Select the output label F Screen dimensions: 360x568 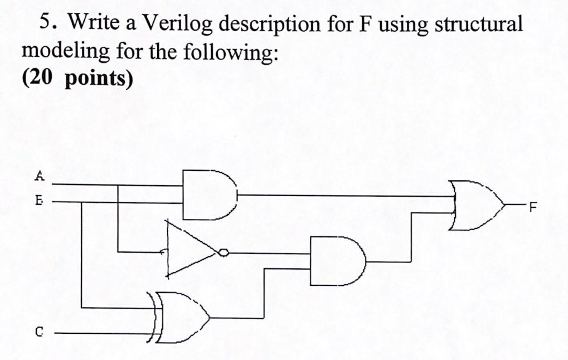532,209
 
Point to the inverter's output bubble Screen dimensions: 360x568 223,253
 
